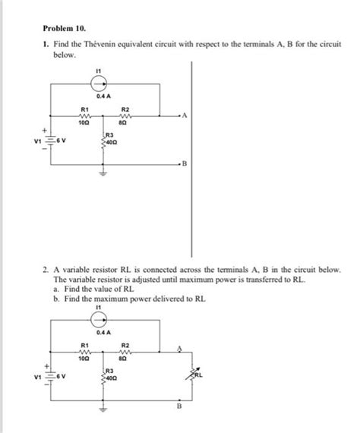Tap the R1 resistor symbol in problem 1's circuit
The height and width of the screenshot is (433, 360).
pos(85,116)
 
